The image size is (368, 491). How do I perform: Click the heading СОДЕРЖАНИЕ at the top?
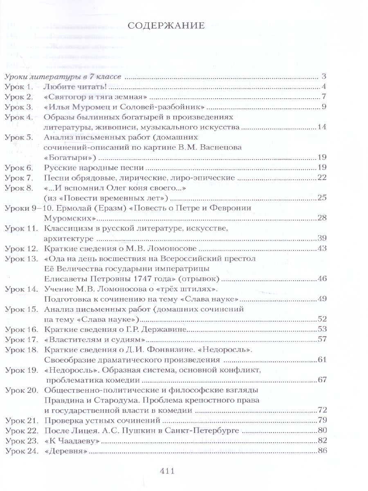(166, 27)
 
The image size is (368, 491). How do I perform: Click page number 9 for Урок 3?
(323, 107)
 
